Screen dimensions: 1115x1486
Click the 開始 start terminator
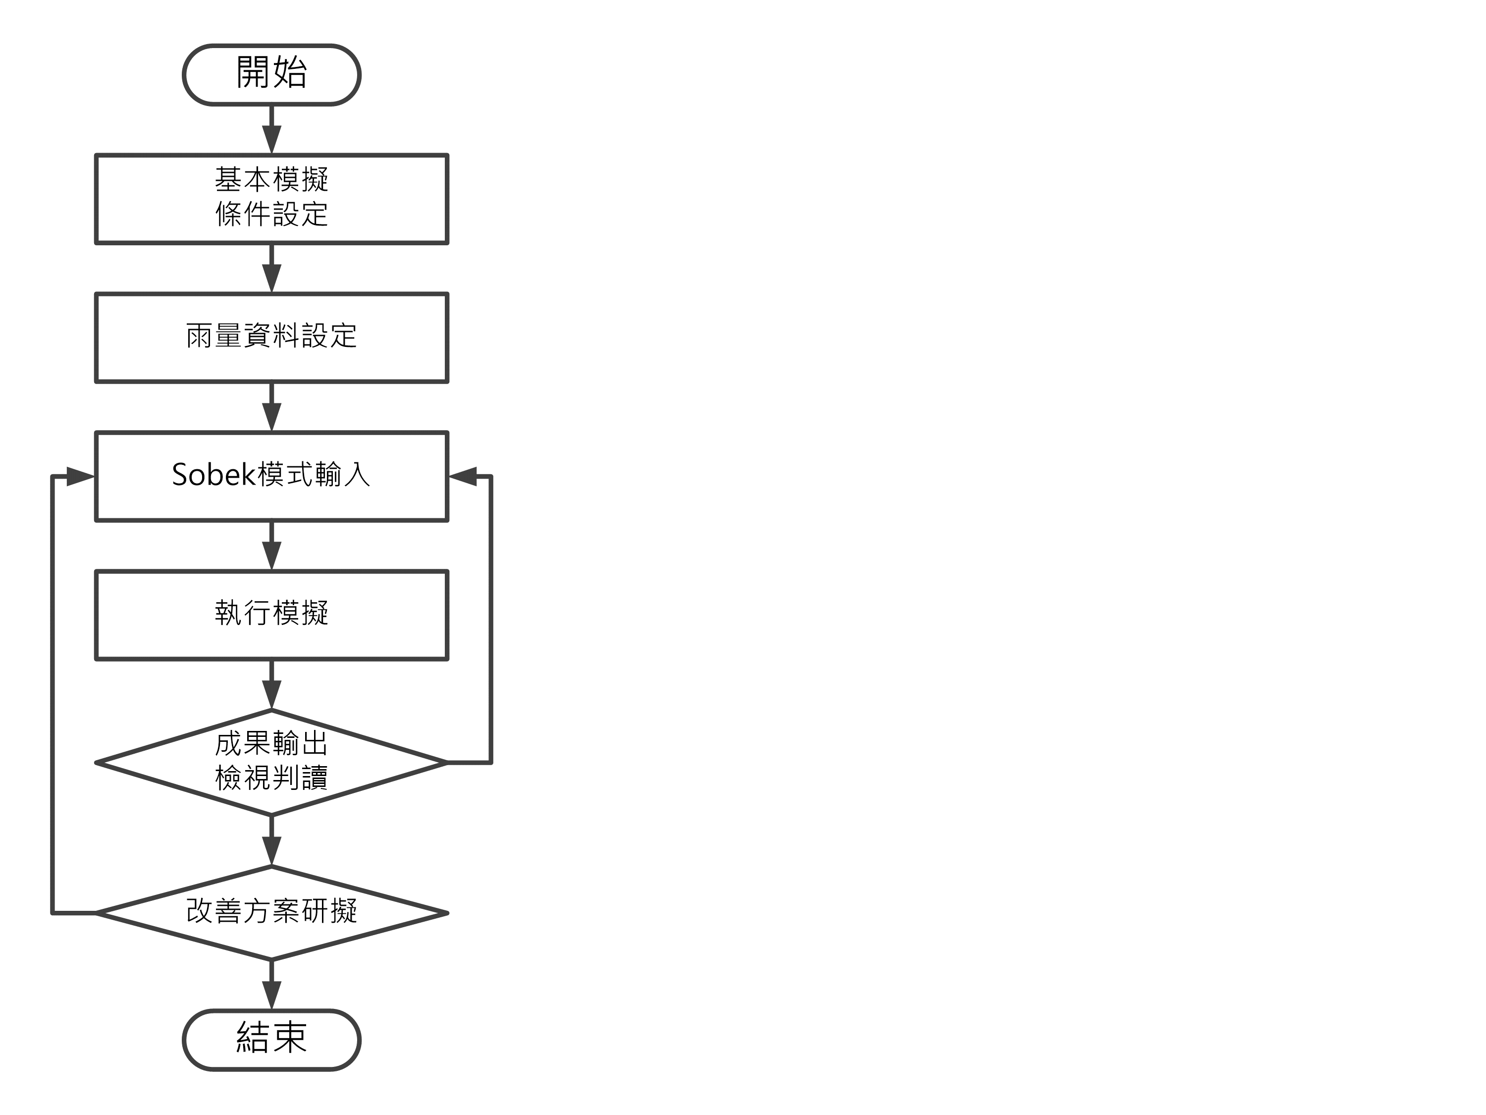point(271,75)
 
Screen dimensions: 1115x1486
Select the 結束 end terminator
point(271,1039)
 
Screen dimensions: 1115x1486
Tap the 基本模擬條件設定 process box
point(271,199)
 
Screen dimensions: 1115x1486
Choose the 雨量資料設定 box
point(271,337)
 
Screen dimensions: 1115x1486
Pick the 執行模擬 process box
point(271,615)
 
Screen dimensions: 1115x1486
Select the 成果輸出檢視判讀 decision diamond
point(271,762)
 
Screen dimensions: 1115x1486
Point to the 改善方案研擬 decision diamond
point(271,913)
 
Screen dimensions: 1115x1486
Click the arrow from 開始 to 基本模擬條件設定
point(271,130)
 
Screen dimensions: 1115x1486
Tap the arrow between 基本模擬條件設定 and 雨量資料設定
point(271,269)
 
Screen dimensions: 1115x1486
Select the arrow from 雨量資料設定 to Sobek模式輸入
point(271,408)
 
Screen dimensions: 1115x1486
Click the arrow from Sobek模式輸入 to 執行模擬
point(271,547)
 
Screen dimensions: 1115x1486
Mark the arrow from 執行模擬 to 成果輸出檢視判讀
point(271,685)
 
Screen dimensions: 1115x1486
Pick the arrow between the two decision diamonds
point(271,841)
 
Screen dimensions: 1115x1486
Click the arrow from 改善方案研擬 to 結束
point(271,985)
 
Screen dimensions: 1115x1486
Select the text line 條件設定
point(271,215)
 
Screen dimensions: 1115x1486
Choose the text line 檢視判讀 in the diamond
point(271,779)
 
